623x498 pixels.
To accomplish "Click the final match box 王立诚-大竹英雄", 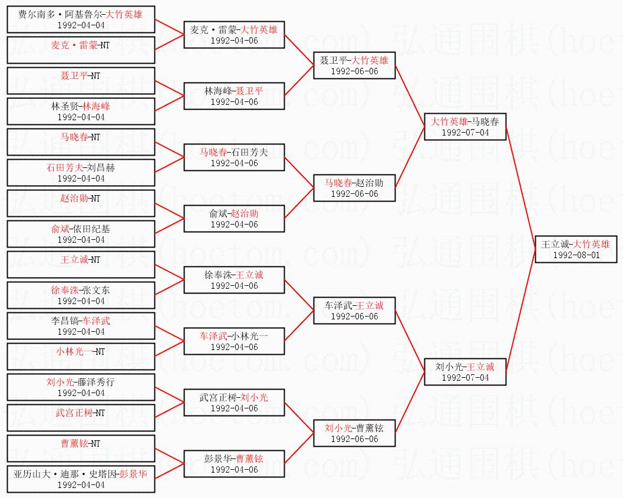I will point(575,249).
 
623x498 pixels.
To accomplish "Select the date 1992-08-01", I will point(575,255).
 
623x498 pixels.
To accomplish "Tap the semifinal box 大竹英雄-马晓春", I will point(464,127).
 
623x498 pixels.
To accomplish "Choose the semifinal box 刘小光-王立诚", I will point(464,372).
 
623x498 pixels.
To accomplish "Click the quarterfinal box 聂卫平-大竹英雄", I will point(354,65).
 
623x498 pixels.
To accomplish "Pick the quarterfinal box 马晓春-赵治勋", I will point(354,188).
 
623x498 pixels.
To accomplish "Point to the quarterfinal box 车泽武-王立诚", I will point(354,311).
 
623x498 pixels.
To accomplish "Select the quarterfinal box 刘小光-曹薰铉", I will point(354,433).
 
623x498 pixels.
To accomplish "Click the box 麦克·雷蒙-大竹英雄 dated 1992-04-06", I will point(234,35).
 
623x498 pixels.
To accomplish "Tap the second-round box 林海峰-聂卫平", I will point(234,96).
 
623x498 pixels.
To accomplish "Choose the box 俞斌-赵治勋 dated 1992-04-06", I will point(234,219).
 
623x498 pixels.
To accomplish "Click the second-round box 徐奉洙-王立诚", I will point(234,280).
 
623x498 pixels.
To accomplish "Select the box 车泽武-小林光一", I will point(234,341).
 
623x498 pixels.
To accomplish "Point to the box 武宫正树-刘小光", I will point(234,403).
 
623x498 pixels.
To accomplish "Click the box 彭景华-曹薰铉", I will point(234,464).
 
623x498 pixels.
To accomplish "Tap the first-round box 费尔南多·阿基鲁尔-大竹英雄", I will point(81,19).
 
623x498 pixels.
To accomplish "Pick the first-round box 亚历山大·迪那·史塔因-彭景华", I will point(81,479).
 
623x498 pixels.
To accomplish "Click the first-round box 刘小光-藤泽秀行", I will point(81,387).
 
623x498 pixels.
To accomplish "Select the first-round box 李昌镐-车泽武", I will point(81,326).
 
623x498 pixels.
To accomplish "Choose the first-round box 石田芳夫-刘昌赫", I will point(81,173).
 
